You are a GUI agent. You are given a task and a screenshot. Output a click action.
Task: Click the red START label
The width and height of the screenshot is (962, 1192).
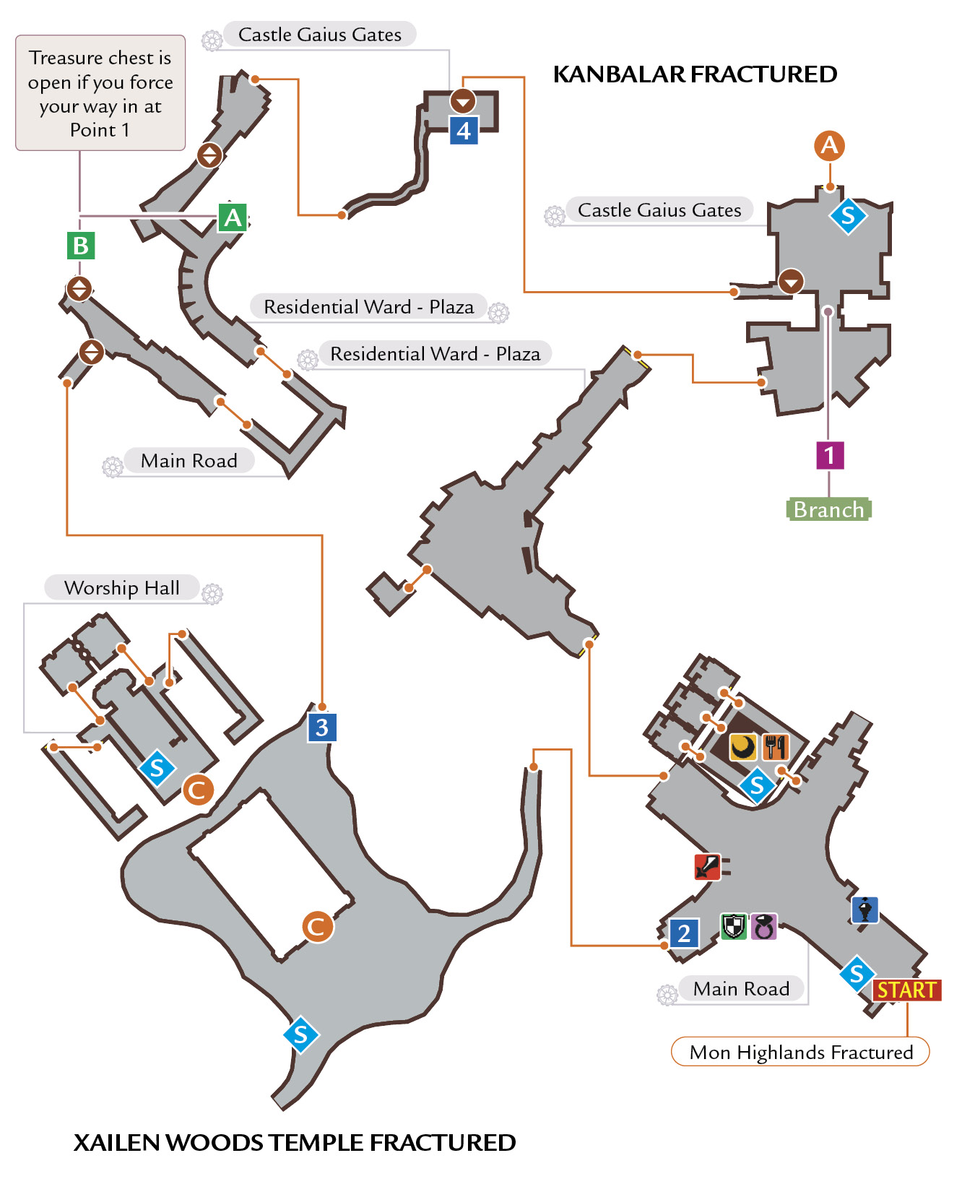point(906,990)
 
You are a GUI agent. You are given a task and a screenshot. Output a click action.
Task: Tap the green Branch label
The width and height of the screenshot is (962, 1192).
point(829,509)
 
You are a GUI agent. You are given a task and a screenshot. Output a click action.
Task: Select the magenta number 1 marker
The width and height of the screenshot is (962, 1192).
point(830,455)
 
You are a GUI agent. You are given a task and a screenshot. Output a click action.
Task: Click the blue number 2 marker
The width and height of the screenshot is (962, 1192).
point(684,933)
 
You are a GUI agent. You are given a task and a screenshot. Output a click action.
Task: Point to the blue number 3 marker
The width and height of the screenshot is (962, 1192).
point(322,727)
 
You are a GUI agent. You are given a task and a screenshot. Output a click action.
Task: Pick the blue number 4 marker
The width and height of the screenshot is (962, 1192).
point(464,131)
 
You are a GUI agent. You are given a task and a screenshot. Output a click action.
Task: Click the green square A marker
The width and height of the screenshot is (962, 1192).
point(233,217)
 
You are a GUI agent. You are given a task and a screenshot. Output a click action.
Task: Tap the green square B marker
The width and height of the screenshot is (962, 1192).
point(81,246)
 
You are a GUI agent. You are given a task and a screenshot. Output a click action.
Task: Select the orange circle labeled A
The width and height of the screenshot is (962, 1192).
point(830,146)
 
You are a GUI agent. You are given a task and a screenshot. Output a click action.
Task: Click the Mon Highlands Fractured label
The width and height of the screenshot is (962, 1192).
point(800,1052)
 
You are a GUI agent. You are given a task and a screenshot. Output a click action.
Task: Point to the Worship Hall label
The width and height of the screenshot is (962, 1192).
point(122,587)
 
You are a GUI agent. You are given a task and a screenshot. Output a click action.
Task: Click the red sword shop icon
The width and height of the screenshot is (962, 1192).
point(707,866)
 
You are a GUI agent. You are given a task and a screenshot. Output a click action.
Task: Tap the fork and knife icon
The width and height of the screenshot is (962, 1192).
point(775,747)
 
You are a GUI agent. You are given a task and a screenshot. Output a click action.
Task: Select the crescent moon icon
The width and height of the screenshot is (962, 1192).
point(742,747)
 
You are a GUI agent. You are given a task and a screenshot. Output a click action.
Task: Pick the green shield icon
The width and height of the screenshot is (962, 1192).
point(734,925)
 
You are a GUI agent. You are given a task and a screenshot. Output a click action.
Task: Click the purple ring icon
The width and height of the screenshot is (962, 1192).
point(763,926)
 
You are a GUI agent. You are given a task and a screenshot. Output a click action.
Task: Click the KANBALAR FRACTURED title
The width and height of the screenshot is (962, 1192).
point(695,74)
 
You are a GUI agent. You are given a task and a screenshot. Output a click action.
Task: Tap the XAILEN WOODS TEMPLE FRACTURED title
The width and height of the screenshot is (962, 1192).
point(295,1142)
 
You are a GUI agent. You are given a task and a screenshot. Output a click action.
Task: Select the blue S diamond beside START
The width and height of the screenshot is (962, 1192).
point(857,974)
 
